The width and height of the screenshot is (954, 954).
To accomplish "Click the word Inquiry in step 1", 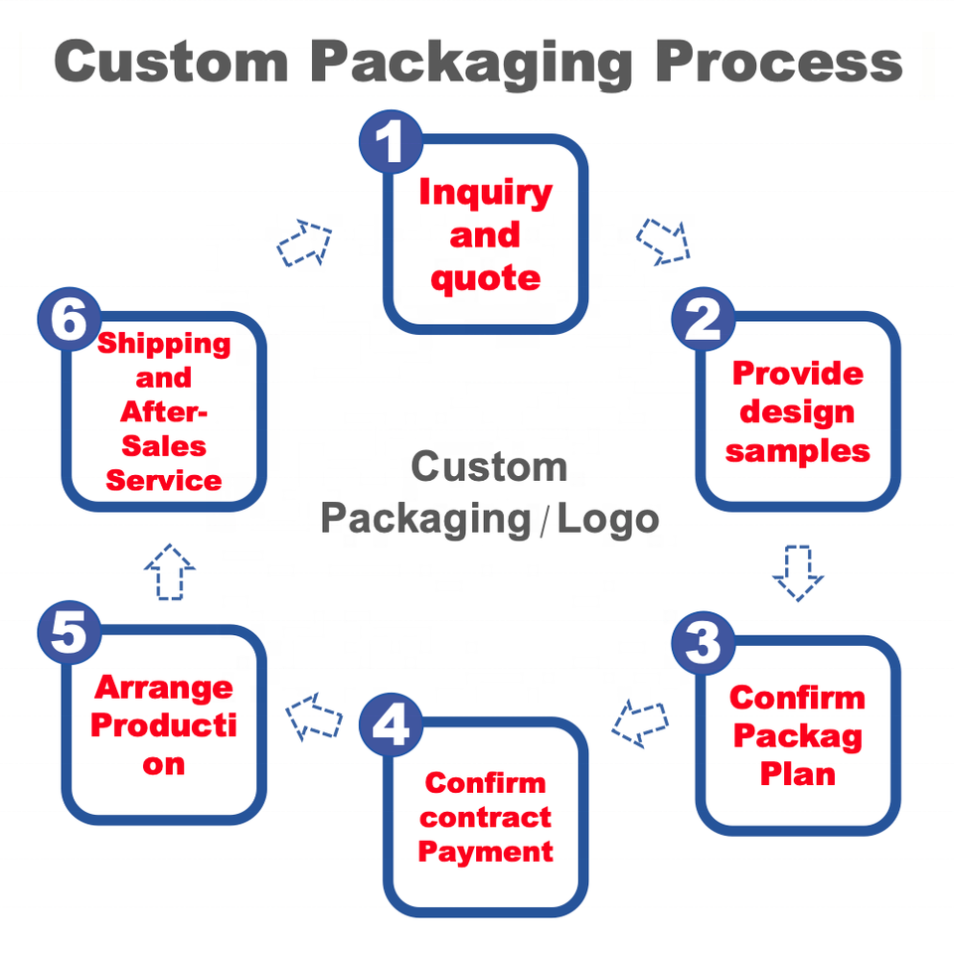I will click(485, 192).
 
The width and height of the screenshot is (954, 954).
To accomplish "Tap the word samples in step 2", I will click(797, 451).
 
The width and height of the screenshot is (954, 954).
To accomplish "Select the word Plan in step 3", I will click(797, 774).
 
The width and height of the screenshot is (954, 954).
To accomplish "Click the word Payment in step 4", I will click(485, 852).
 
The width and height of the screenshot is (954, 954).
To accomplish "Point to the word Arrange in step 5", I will click(163, 688).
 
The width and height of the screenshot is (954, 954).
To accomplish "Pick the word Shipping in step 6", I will click(163, 345).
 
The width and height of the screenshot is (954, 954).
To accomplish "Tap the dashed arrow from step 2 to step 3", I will click(798, 572).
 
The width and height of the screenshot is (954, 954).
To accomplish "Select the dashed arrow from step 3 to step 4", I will click(639, 722).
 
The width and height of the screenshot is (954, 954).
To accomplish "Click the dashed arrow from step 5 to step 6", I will click(170, 571).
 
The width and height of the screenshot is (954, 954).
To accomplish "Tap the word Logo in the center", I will click(607, 518).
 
